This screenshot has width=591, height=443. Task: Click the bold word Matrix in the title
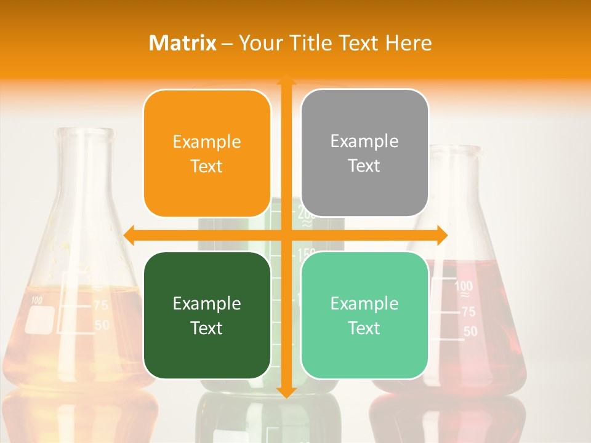tap(183, 43)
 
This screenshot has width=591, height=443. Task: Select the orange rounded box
tap(207, 153)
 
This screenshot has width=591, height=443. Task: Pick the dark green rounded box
tap(207, 315)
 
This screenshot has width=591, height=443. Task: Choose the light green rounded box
tap(364, 315)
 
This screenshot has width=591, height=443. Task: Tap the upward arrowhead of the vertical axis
tap(286, 80)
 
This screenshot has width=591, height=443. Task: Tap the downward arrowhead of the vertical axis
tap(286, 392)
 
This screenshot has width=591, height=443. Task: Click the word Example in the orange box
tap(207, 142)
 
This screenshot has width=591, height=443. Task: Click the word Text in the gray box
tap(364, 166)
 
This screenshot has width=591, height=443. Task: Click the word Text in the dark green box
tap(207, 328)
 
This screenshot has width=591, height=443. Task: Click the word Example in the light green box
tap(364, 303)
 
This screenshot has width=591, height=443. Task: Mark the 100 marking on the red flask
tap(464, 287)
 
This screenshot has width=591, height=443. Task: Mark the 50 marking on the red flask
tap(470, 332)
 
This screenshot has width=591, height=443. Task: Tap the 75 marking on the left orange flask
tap(100, 305)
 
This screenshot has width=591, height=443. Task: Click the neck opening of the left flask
tap(86, 131)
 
